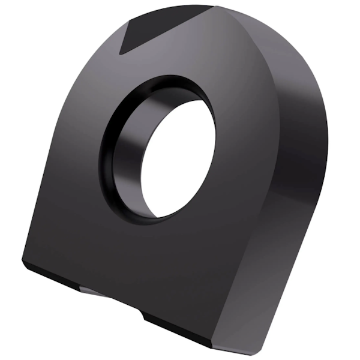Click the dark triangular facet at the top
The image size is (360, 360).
pyautogui.click(x=159, y=27)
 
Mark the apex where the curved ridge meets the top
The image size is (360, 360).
pyautogui.click(x=214, y=7)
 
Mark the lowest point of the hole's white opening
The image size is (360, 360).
pyautogui.click(x=159, y=216)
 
